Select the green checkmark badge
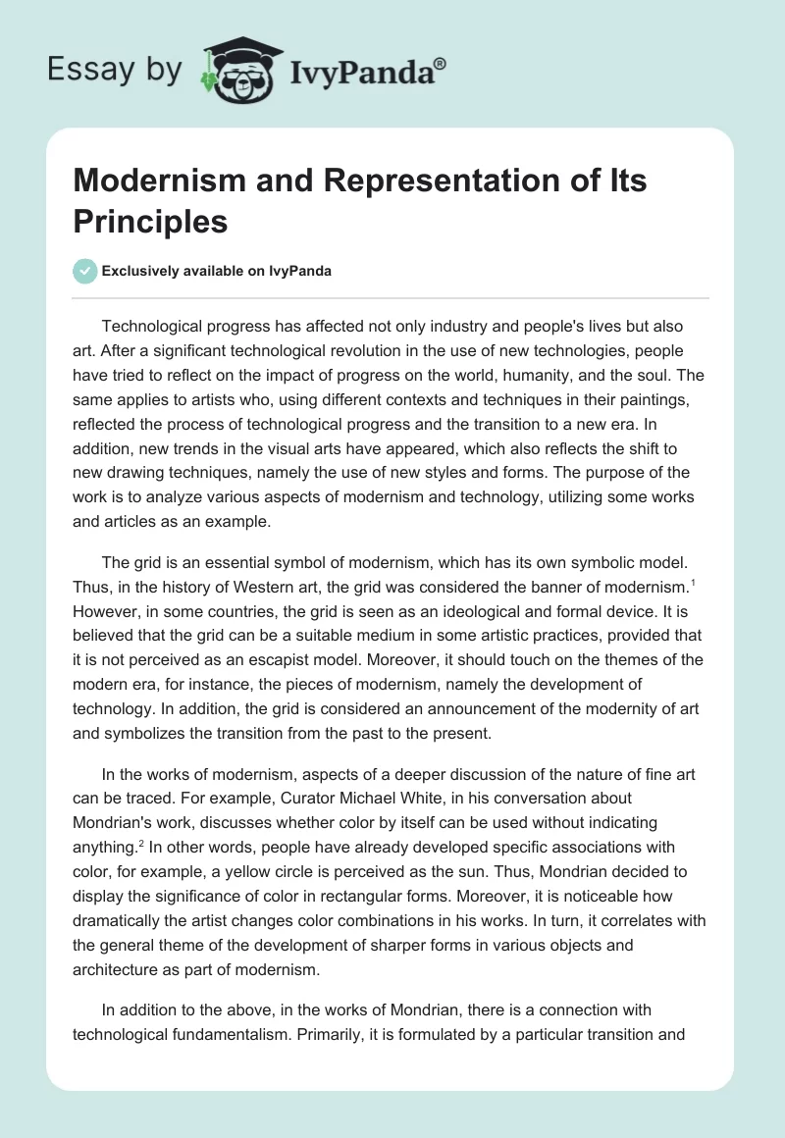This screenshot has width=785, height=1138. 85,271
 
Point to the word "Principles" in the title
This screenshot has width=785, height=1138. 151,221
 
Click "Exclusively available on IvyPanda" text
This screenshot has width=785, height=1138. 217,271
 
